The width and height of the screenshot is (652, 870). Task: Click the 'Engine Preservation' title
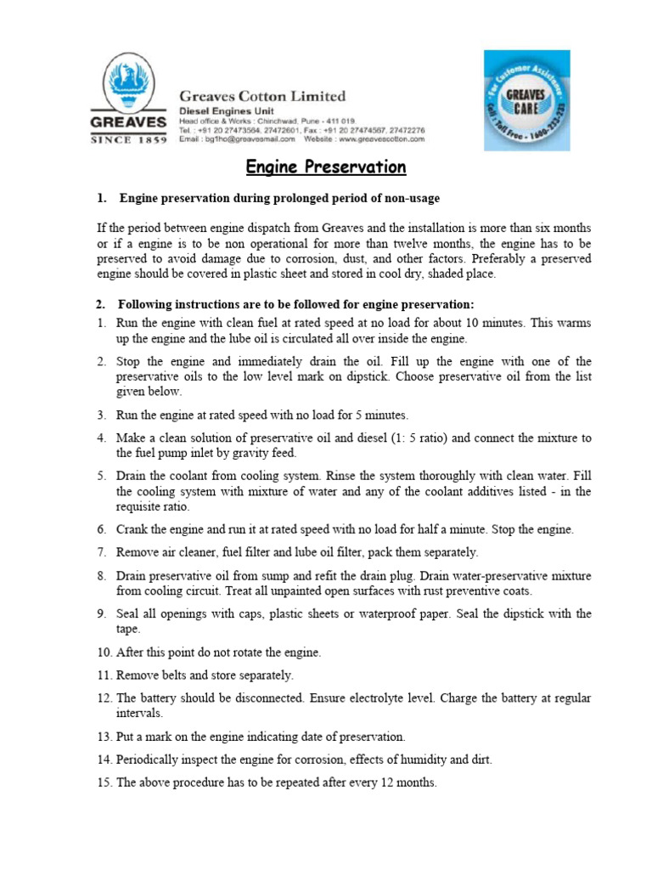coord(326,167)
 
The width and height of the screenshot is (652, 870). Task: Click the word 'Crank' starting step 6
coord(132,529)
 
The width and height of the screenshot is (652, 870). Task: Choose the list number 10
coord(103,652)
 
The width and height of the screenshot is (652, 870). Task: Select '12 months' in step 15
coord(408,782)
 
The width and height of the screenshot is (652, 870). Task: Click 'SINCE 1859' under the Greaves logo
coord(128,140)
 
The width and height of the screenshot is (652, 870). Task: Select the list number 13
coord(103,737)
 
